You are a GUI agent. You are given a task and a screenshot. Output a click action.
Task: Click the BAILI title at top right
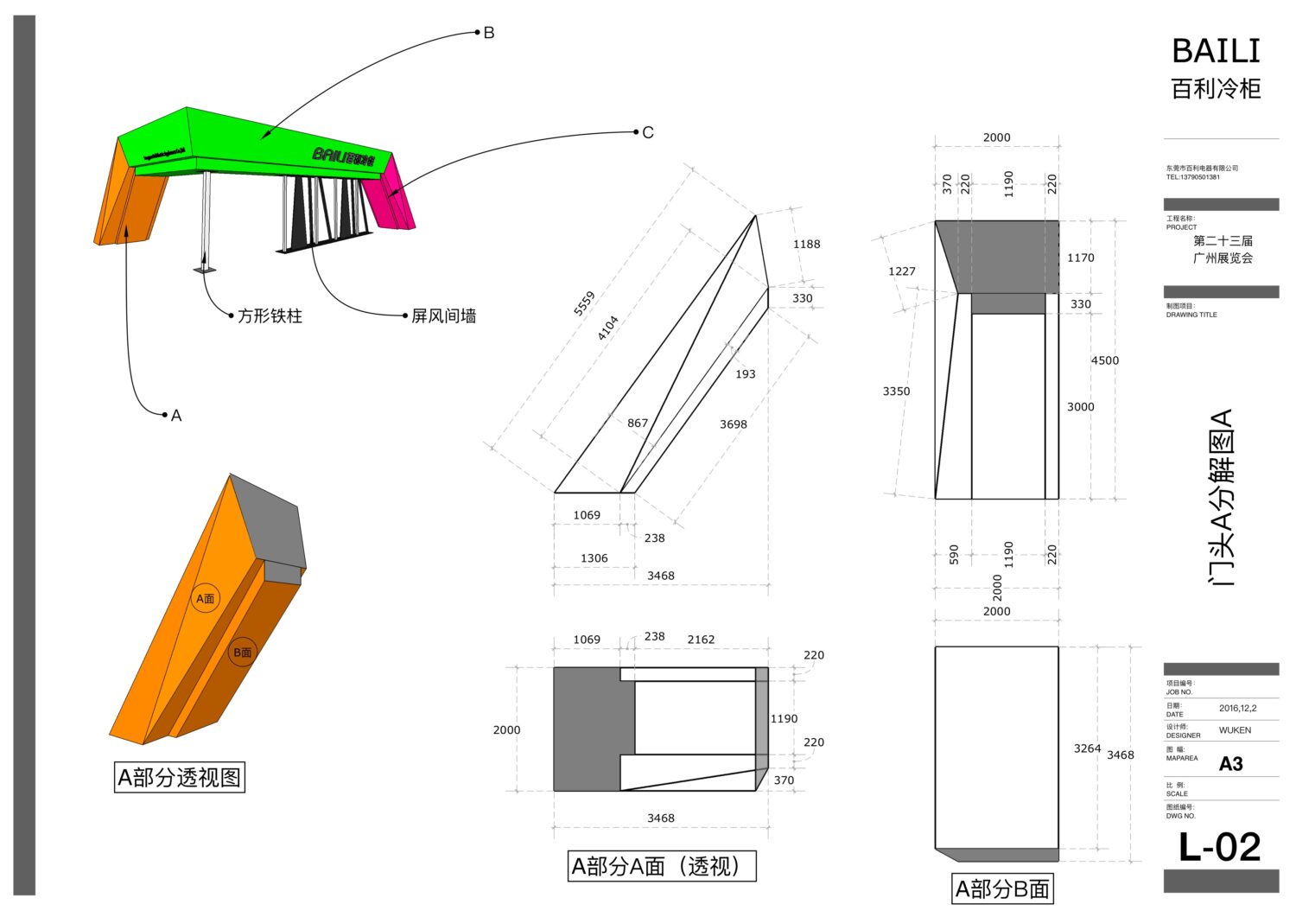(x=1216, y=52)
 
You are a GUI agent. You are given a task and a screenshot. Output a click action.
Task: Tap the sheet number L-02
(x=1219, y=847)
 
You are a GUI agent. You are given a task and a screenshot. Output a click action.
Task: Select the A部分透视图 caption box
(x=180, y=777)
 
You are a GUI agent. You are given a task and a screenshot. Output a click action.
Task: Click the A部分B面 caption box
(x=1002, y=888)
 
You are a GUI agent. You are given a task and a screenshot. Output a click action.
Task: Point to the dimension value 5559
(x=584, y=304)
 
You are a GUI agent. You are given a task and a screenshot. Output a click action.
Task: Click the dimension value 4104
(x=607, y=328)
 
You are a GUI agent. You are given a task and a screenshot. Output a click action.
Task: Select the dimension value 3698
(x=733, y=424)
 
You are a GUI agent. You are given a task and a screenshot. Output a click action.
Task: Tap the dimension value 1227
(x=901, y=271)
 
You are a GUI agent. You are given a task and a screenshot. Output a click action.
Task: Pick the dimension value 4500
(x=1104, y=360)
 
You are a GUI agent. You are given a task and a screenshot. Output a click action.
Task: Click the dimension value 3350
(x=896, y=392)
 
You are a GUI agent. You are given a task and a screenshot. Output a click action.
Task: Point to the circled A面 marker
(x=205, y=598)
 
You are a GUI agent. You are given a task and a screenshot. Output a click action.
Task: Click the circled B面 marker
(x=242, y=653)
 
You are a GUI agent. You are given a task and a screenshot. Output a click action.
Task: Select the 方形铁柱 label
(x=270, y=316)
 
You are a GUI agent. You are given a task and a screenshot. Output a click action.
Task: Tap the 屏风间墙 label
(x=443, y=316)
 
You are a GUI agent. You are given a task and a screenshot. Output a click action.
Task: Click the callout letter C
(x=648, y=132)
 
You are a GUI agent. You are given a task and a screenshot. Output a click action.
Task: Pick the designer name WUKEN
(x=1235, y=730)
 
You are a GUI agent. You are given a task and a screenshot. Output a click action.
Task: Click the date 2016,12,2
(x=1237, y=708)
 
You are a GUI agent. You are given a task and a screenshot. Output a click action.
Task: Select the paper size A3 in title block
(x=1230, y=764)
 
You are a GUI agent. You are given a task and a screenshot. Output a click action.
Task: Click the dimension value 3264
(x=1087, y=748)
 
